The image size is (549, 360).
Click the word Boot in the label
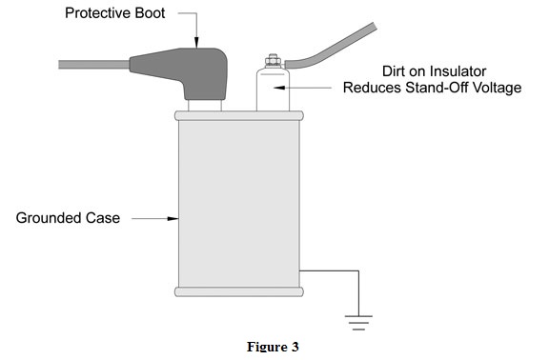tap(148, 13)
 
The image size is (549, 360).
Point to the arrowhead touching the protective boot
tap(196, 42)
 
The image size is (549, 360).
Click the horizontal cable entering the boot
tap(93, 65)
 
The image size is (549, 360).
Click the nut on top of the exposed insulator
tap(273, 61)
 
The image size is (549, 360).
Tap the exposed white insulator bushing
tap(273, 90)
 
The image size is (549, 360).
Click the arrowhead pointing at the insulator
tap(279, 88)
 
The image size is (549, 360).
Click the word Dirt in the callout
tap(394, 71)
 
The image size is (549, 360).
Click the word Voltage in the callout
tap(498, 88)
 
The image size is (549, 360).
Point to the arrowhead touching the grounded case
tap(173, 219)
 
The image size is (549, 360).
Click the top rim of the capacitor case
tap(239, 116)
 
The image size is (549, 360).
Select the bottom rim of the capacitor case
tap(239, 291)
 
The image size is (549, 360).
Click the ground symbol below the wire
tap(358, 323)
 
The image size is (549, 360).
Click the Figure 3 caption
tap(274, 347)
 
